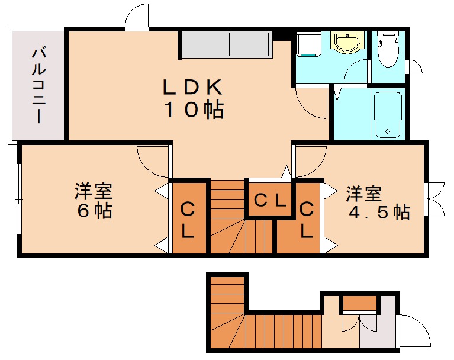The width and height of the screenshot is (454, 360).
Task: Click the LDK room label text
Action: click(x=193, y=98)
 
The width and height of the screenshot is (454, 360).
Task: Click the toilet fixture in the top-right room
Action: click(x=388, y=51)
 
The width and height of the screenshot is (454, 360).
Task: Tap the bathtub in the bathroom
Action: click(x=388, y=114)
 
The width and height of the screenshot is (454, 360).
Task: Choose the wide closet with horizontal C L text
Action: click(x=270, y=200)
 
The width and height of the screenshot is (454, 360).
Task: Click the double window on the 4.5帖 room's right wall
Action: click(x=436, y=198)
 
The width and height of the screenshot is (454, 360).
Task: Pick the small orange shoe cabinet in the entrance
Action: click(x=360, y=304)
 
